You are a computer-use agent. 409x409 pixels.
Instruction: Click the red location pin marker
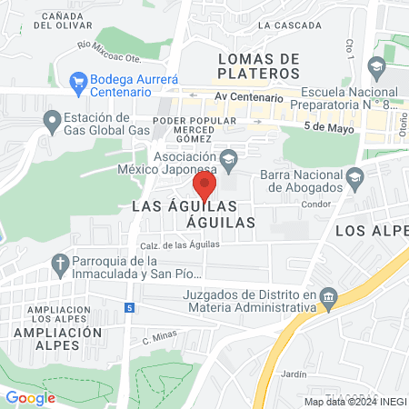204,186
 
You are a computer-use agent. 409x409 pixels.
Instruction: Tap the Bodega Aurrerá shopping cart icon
77,82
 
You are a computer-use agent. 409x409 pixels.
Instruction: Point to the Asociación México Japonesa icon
229,159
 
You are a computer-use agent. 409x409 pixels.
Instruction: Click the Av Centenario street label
250,96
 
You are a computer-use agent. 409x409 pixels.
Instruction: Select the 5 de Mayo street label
327,127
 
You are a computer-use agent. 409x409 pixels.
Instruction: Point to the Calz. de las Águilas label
178,246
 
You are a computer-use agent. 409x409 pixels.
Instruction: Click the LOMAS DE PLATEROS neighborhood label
259,66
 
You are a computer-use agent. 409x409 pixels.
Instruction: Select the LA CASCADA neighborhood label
284,25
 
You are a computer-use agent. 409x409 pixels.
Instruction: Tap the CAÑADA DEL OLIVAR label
65,21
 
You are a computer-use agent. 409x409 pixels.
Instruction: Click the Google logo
31,397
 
